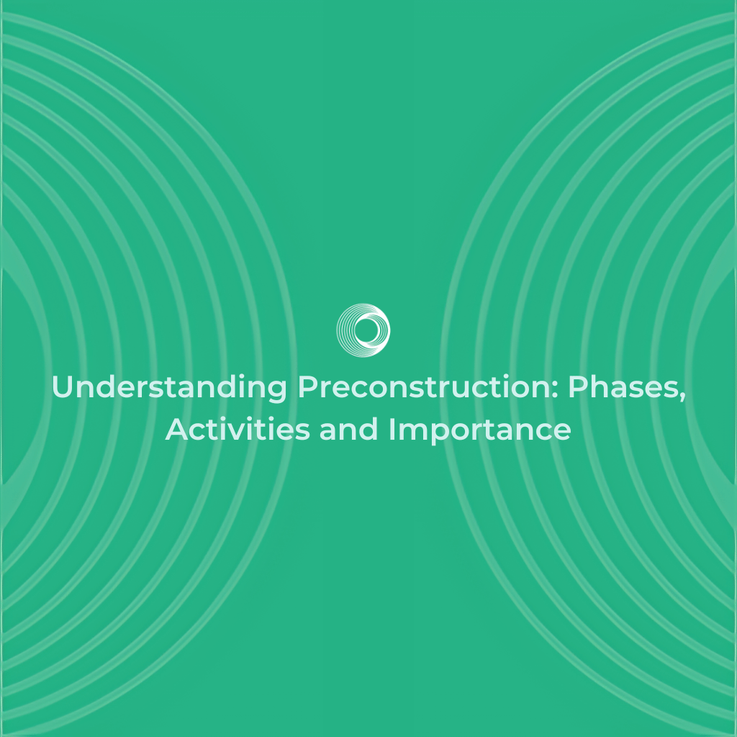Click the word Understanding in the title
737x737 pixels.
169,389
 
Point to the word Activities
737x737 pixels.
238,430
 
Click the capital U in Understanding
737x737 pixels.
63,389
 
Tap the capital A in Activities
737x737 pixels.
177,430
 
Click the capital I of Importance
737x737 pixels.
392,430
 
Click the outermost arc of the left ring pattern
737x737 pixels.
291,360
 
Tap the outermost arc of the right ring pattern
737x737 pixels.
445,360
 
